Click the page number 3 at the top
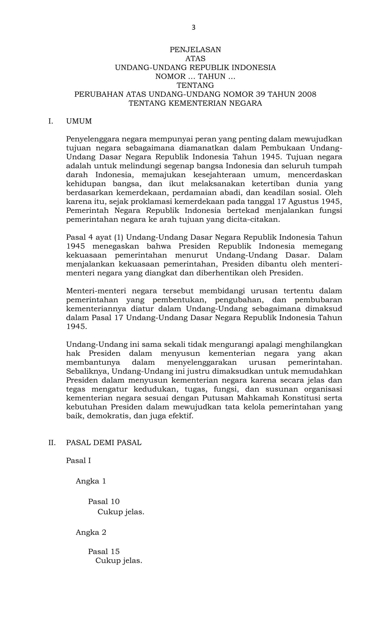pos(193,27)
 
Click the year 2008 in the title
pos(307,94)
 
